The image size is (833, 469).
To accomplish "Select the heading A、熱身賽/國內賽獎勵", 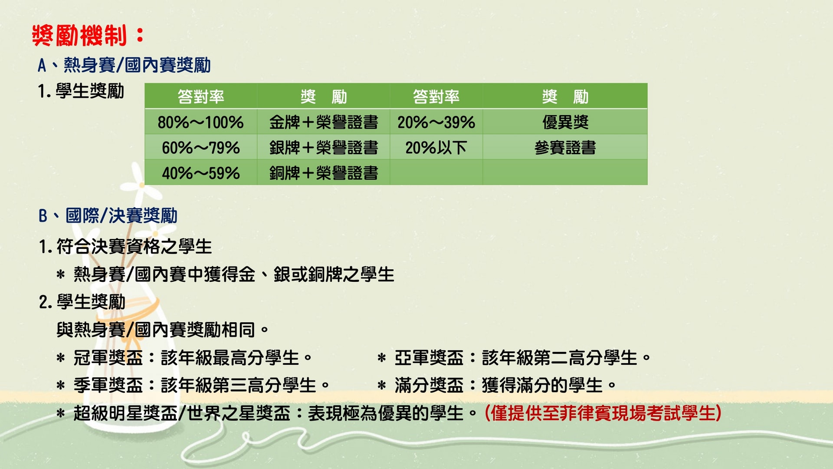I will (124, 65).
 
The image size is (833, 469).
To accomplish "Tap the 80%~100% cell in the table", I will (200, 122).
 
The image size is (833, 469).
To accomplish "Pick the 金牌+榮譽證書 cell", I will (323, 122).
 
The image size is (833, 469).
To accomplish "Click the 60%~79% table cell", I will (200, 148).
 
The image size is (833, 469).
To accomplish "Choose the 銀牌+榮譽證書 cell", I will (323, 148).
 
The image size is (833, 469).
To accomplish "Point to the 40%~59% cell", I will (200, 173).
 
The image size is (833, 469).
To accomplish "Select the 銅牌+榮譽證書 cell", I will (323, 173).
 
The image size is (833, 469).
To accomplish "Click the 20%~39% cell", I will (436, 122).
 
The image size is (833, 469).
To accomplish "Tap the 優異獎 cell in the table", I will (565, 122).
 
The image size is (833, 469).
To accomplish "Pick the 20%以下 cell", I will (436, 148).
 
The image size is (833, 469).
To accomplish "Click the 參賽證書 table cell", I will (565, 148).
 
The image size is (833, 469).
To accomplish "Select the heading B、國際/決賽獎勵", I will (108, 216).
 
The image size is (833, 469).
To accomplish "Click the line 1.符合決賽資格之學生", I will (125, 247).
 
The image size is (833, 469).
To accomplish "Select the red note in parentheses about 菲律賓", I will (603, 413).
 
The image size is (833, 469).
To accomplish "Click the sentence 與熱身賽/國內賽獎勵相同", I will (163, 330).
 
